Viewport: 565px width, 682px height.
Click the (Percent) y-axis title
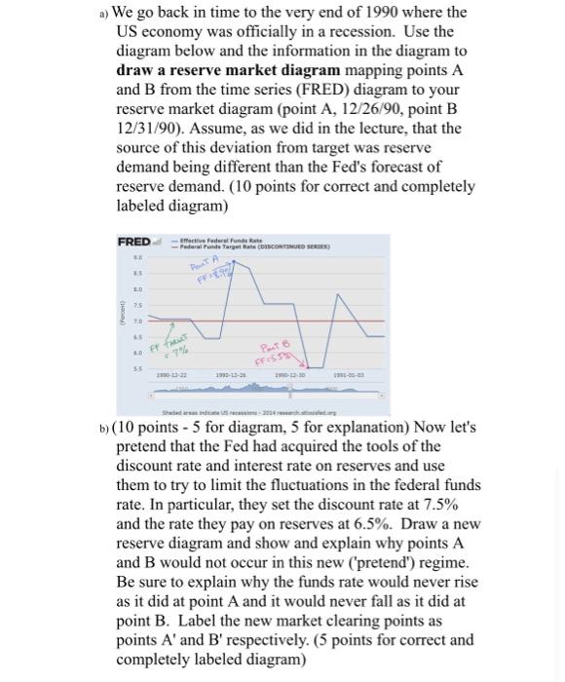[123, 310]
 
